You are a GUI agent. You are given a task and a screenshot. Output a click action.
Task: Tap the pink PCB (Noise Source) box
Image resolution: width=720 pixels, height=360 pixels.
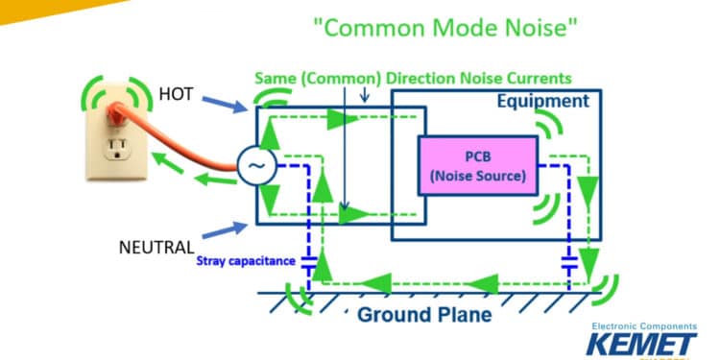click(477, 164)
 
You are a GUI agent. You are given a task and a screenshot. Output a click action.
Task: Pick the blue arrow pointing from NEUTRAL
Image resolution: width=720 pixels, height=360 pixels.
click(227, 233)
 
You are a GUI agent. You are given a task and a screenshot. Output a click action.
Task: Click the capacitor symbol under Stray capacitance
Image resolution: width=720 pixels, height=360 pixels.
click(309, 260)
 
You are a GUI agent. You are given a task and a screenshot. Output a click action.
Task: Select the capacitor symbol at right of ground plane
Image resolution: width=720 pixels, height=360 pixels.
click(570, 260)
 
